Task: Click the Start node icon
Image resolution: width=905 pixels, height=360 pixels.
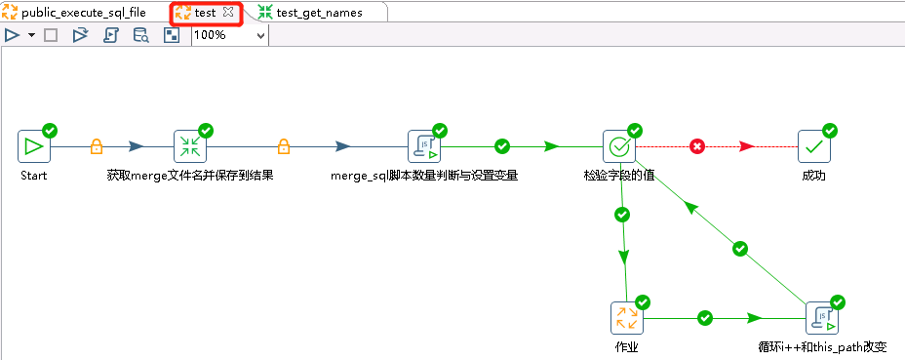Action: tap(34, 146)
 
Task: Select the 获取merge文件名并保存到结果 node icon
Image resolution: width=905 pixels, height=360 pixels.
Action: tap(190, 146)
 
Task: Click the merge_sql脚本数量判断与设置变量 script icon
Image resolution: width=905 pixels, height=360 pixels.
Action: tap(424, 146)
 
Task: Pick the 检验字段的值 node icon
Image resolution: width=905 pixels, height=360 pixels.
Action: tap(619, 146)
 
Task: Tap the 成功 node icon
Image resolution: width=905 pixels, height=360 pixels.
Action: tap(814, 146)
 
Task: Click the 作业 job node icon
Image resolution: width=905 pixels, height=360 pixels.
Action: tap(627, 318)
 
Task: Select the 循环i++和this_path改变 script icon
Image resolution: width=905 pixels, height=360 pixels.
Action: tap(822, 318)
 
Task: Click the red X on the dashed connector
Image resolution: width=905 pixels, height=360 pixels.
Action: tap(697, 146)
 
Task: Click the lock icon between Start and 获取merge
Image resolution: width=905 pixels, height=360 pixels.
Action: tap(97, 146)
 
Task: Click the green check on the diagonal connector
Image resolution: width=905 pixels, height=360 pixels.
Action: tap(740, 249)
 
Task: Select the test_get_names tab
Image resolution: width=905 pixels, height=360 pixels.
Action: tap(318, 13)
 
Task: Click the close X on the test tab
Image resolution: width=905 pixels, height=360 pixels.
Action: tap(227, 13)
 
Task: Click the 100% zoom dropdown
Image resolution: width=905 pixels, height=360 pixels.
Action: tap(229, 35)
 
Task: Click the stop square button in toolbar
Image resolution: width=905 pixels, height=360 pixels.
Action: tap(51, 35)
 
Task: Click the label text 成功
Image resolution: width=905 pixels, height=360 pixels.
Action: tap(813, 177)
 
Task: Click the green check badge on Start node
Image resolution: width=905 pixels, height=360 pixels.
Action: tap(50, 130)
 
